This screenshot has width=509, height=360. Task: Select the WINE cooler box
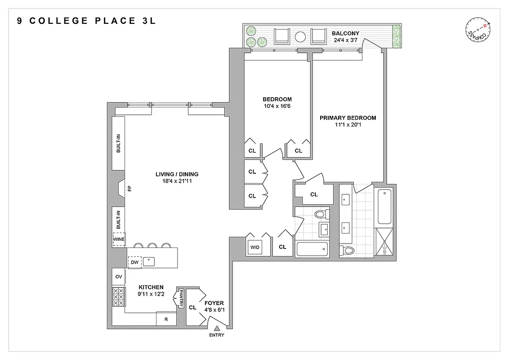[x=119, y=239]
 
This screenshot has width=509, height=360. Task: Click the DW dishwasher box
[x=134, y=261]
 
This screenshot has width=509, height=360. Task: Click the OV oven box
[x=119, y=276]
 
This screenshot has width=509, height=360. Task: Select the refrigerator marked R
[x=166, y=319]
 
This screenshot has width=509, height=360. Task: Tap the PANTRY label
[x=181, y=298]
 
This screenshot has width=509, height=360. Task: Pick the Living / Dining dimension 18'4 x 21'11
[x=177, y=181]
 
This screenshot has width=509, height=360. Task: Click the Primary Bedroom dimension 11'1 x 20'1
[x=348, y=125]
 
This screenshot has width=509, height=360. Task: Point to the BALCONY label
[x=345, y=33]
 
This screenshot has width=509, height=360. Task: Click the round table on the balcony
[x=300, y=36]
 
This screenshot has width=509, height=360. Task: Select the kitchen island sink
[x=149, y=261]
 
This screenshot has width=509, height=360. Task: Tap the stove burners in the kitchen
[x=118, y=297]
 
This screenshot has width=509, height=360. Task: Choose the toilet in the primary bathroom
[x=347, y=250]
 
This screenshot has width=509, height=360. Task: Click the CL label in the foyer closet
[x=193, y=308]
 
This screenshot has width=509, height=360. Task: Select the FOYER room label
[x=214, y=303]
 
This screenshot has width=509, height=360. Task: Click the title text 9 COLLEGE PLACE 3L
[x=87, y=21]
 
